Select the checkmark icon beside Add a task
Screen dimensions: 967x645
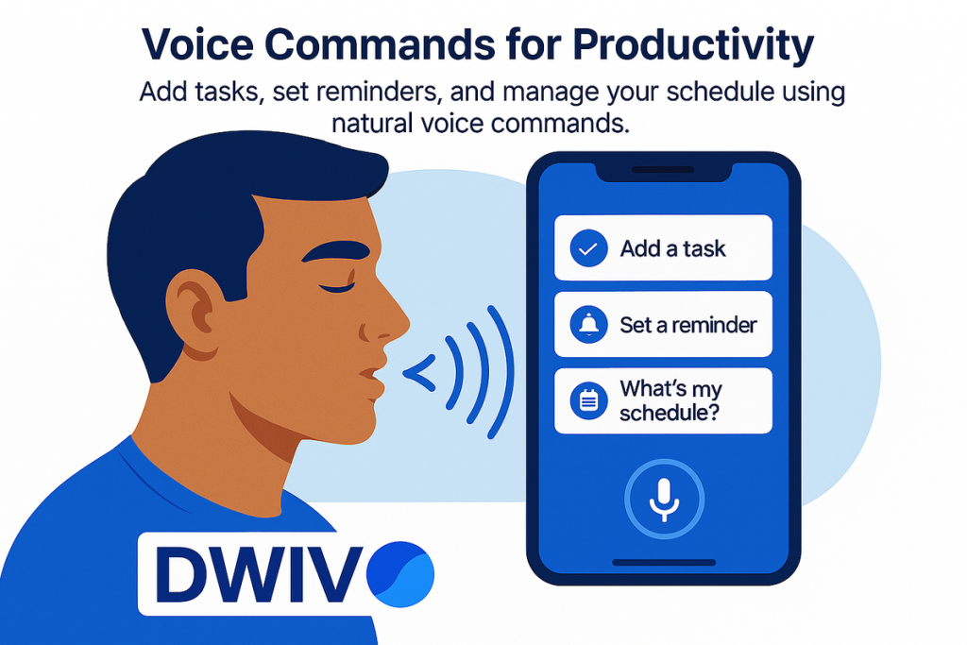(588, 247)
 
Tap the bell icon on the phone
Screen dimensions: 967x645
(588, 324)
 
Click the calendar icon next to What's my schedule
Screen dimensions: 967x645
(588, 400)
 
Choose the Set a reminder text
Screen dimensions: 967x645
(688, 325)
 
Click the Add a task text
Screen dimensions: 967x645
(672, 248)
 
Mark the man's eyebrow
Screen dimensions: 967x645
(335, 253)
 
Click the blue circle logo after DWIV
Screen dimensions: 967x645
(400, 574)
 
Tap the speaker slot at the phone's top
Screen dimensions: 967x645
(664, 170)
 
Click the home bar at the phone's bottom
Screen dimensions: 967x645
(664, 563)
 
